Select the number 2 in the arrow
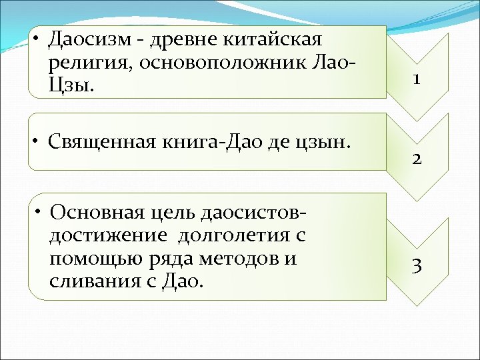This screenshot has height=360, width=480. tap(415, 159)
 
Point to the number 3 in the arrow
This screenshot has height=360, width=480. tap(415, 267)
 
